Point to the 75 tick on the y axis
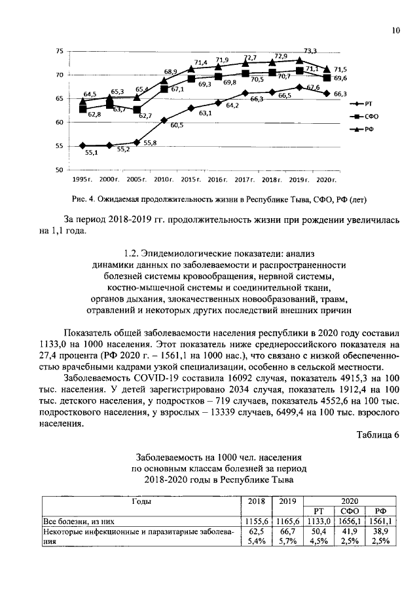[x=60, y=51]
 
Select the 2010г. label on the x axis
[x=163, y=179]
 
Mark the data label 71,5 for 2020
[x=340, y=69]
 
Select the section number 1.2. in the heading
[x=134, y=252]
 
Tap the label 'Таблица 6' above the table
[x=377, y=436]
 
